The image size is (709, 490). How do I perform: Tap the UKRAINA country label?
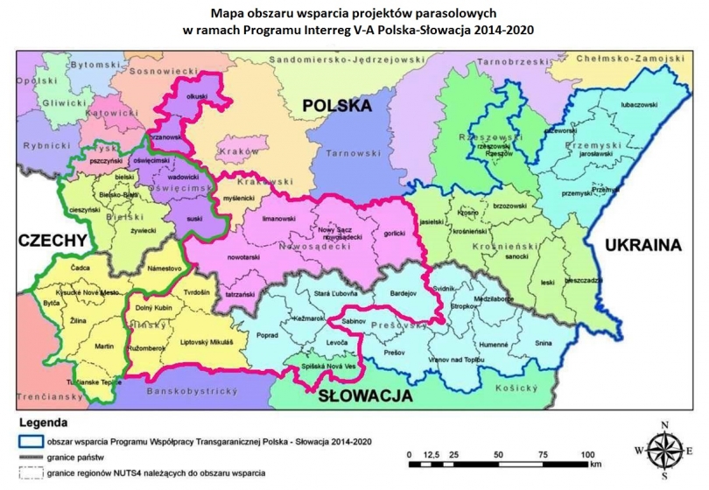[642, 246]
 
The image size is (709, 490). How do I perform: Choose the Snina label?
[544, 345]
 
